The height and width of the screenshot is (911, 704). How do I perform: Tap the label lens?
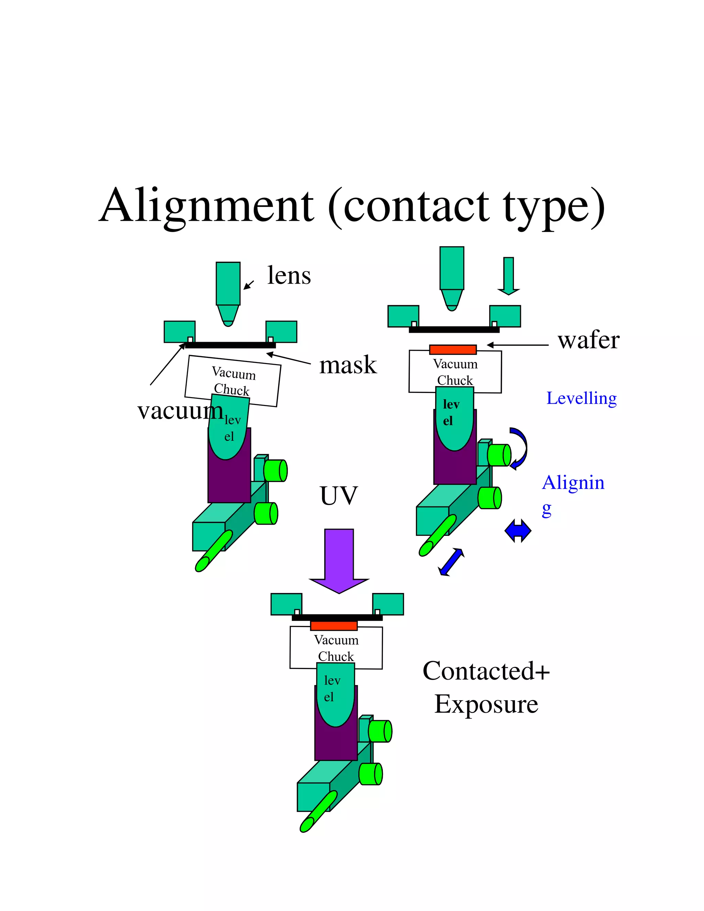point(289,276)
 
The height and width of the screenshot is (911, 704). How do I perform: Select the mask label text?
point(348,365)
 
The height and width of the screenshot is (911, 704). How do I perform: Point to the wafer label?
point(588,340)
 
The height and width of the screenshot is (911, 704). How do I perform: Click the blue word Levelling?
point(581,398)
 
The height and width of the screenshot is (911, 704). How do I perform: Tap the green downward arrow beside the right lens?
point(508,275)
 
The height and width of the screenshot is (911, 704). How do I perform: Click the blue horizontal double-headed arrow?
point(518,530)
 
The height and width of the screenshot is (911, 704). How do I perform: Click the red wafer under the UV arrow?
point(334,625)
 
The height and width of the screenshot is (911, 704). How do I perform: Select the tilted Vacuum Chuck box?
point(233,381)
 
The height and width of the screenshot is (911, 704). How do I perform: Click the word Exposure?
point(486,704)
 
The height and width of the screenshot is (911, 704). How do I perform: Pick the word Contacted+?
point(486,671)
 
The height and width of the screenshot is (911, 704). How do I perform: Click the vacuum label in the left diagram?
point(180,411)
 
